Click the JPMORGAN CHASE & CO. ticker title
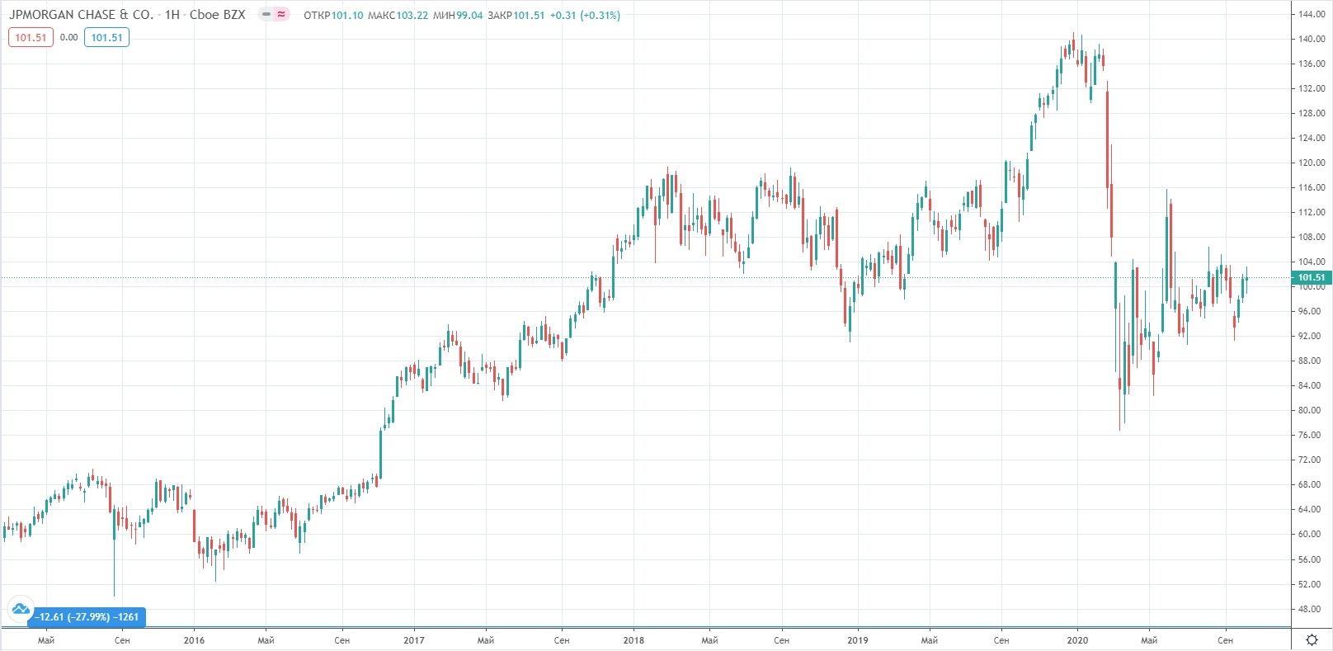point(81,15)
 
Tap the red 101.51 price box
point(31,37)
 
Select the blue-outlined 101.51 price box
point(106,37)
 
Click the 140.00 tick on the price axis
point(1311,39)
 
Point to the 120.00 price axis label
point(1311,163)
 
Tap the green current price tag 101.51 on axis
point(1311,277)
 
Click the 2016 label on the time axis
point(194,640)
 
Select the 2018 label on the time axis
point(634,640)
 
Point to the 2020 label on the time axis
point(1077,640)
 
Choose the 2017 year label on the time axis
point(414,640)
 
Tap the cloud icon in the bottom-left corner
point(21,610)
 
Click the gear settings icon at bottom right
point(1312,640)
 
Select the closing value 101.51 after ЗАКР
point(529,16)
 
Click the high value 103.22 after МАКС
point(412,16)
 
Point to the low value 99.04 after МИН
point(469,16)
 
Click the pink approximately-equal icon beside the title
point(281,15)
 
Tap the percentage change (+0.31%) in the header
point(600,16)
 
